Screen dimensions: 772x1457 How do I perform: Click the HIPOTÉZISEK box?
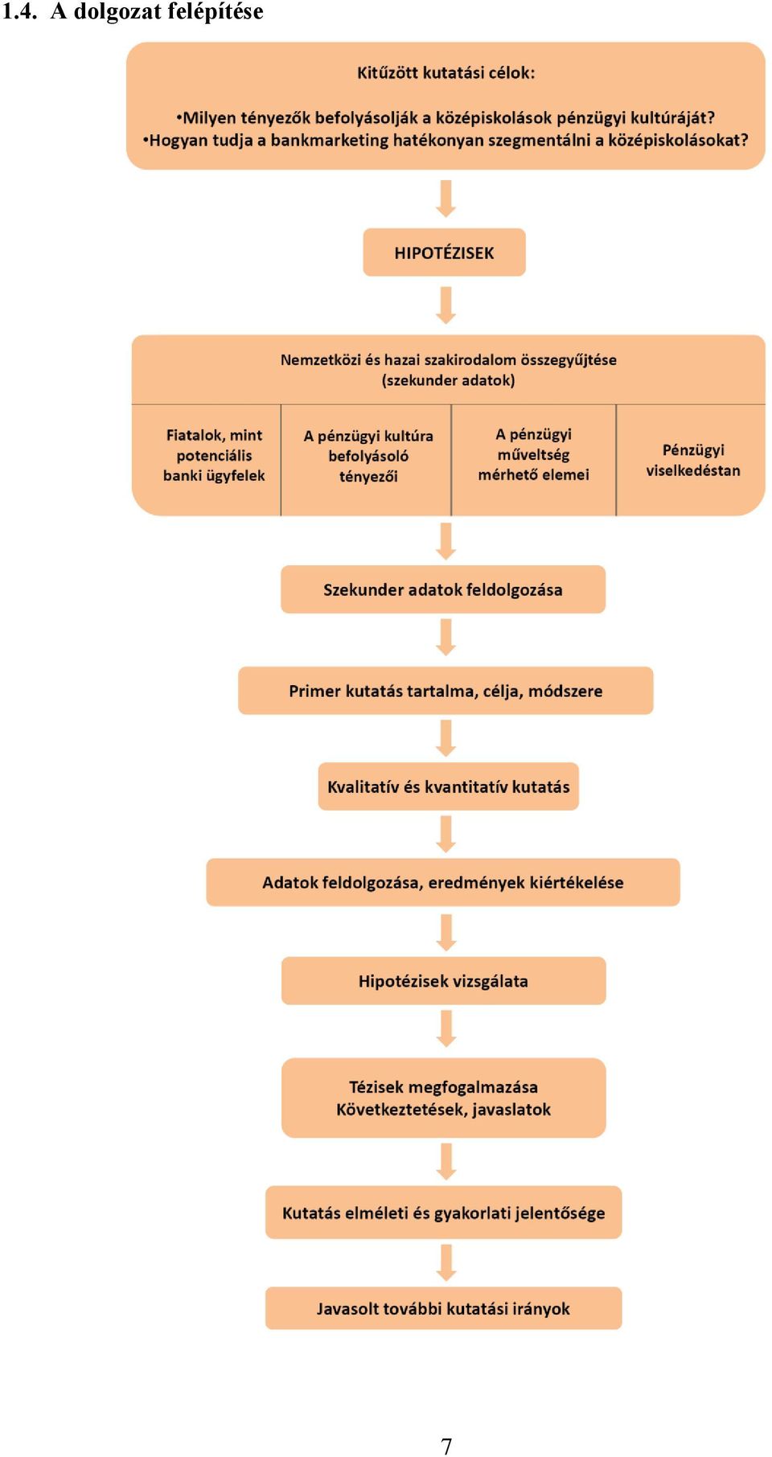444,252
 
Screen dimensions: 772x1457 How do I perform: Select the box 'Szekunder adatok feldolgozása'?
443,589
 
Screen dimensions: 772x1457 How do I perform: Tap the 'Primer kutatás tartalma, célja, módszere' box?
446,691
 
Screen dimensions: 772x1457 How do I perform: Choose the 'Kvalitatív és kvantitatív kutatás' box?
448,786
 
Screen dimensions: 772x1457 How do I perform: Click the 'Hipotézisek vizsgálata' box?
443,981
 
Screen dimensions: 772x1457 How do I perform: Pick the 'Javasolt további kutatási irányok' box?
443,1308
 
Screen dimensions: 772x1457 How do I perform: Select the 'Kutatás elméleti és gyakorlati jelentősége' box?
443,1213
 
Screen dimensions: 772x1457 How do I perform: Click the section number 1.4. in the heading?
20,12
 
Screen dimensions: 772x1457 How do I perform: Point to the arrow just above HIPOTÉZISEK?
446,199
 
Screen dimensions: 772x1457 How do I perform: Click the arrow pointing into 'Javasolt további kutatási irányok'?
446,1263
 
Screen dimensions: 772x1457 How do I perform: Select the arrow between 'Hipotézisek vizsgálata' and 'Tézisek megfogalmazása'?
446,1028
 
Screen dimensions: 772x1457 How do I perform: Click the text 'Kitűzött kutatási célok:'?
446,72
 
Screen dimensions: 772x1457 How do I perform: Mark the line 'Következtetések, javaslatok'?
443,1110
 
